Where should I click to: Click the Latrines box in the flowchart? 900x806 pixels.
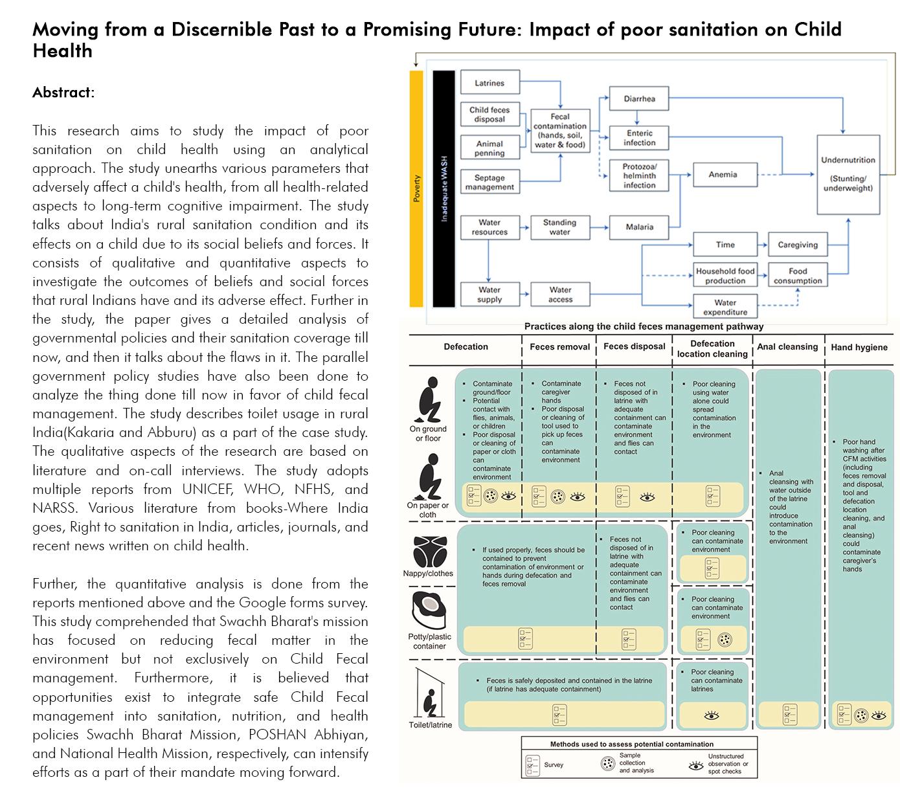(x=489, y=83)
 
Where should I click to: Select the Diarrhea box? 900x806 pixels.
(x=639, y=98)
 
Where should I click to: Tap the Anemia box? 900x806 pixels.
(x=723, y=174)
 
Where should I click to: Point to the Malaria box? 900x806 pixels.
(x=639, y=227)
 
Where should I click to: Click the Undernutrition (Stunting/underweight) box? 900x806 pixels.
(x=848, y=174)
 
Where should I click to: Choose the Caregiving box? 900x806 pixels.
(x=797, y=245)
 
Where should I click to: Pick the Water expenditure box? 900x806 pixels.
(x=725, y=306)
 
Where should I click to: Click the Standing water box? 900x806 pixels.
(x=559, y=227)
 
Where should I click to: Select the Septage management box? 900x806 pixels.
(x=489, y=182)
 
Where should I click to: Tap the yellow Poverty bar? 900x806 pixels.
(x=416, y=188)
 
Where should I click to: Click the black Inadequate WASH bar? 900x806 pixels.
(x=444, y=188)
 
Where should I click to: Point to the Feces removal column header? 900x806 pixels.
(x=559, y=347)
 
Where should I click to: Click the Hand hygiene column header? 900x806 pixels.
(x=859, y=348)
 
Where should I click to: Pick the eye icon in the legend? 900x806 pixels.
(x=696, y=765)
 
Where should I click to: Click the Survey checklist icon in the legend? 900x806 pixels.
(x=532, y=765)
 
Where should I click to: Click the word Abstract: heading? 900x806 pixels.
(x=63, y=93)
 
